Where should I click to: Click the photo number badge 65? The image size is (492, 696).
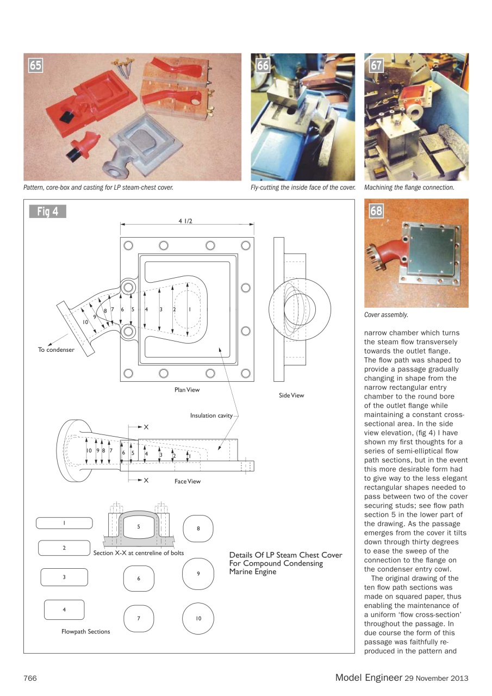click(x=35, y=66)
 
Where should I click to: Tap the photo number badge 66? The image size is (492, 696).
click(x=263, y=66)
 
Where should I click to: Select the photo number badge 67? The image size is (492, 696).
click(x=376, y=66)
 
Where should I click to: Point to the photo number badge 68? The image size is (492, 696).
click(x=376, y=210)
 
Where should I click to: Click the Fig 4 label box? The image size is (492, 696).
click(x=48, y=212)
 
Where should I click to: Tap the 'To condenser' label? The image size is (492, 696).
click(x=56, y=350)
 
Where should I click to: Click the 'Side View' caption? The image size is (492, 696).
click(x=291, y=395)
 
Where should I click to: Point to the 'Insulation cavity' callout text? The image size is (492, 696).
click(x=211, y=415)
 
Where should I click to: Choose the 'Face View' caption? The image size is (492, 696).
click(x=188, y=481)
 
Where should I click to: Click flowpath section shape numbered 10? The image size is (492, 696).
click(x=198, y=618)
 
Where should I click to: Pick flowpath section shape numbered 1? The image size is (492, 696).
click(x=64, y=523)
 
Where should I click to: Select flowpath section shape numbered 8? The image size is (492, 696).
click(x=198, y=529)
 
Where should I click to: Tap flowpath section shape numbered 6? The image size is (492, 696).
click(x=139, y=579)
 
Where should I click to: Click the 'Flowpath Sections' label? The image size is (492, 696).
click(x=86, y=631)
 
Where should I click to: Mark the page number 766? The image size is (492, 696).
click(x=30, y=678)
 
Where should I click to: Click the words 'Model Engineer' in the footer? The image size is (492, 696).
click(x=368, y=678)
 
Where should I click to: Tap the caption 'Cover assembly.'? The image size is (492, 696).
click(x=386, y=315)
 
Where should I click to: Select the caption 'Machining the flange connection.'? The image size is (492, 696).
click(x=409, y=188)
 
